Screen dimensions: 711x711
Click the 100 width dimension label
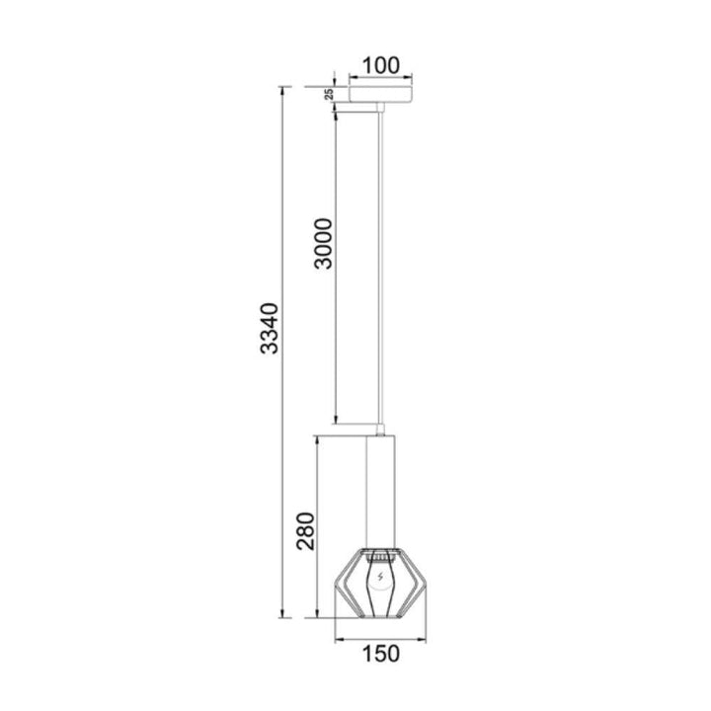pyautogui.click(x=381, y=66)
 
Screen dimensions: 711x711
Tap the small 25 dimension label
pyautogui.click(x=330, y=95)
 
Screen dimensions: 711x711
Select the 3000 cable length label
pyautogui.click(x=324, y=244)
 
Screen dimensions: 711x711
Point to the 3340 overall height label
pyautogui.click(x=270, y=328)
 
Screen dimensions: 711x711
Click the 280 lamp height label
pyautogui.click(x=305, y=531)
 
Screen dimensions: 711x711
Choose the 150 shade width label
pyautogui.click(x=381, y=654)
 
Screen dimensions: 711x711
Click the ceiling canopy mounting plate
pyautogui.click(x=380, y=94)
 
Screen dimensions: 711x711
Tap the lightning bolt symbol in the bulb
pyautogui.click(x=380, y=577)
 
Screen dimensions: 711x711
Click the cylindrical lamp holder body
pyautogui.click(x=380, y=493)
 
